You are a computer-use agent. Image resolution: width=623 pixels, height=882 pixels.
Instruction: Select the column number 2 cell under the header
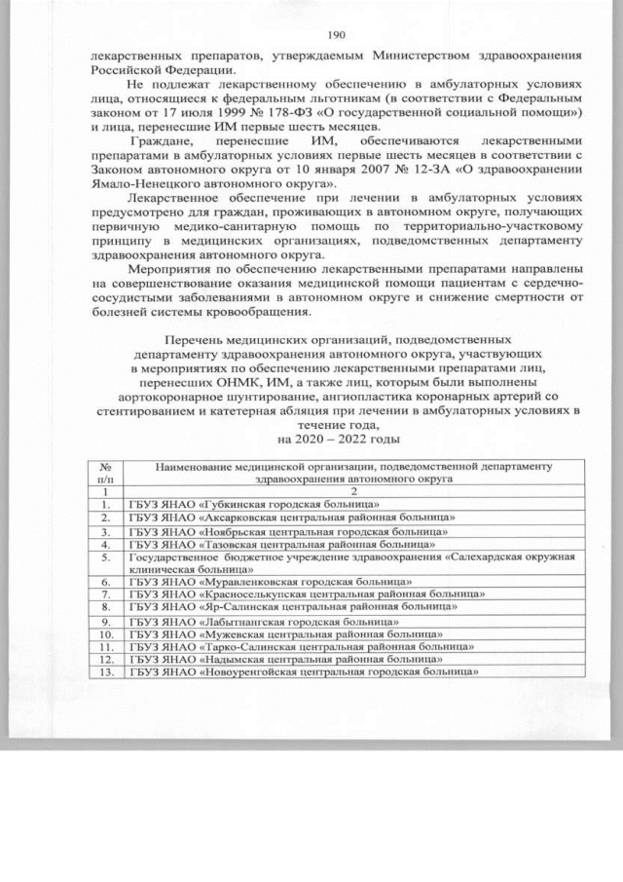(354, 491)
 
